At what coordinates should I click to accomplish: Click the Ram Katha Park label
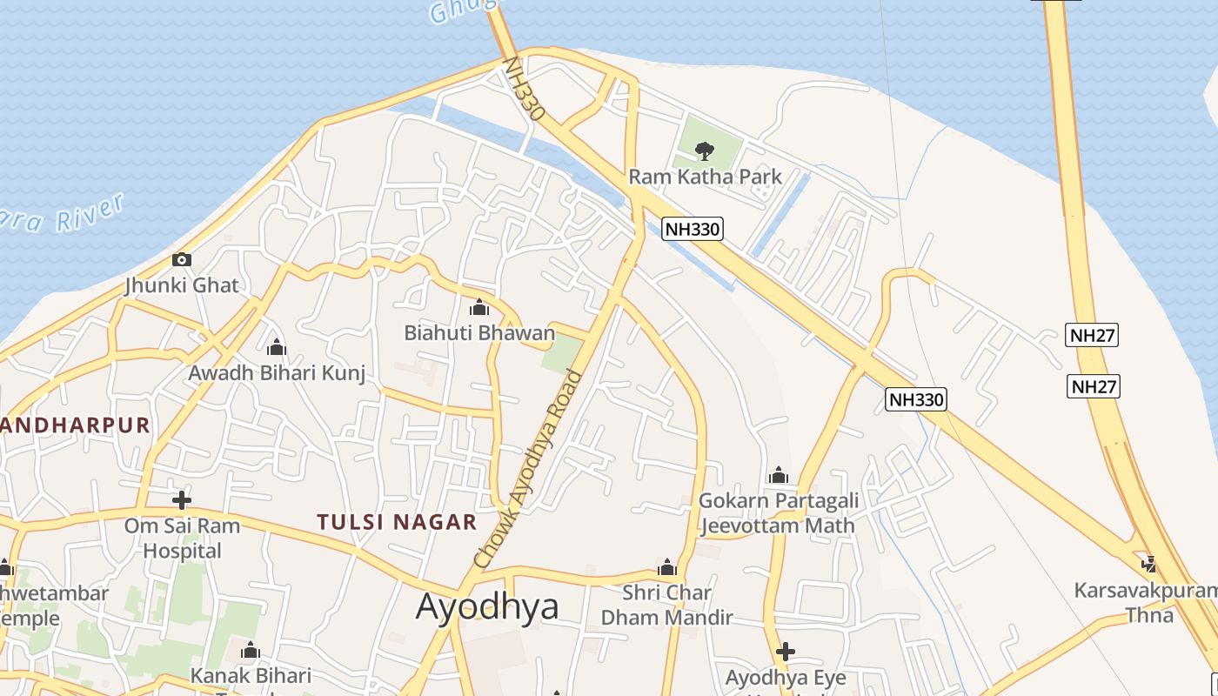705,177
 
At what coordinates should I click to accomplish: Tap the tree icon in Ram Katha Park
705,151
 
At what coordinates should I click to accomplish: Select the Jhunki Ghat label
181,285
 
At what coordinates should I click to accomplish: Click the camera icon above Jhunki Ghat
182,259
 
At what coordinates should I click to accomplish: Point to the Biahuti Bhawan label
479,332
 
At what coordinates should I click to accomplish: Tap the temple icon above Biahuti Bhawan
479,307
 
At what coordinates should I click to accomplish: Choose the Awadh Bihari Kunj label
277,373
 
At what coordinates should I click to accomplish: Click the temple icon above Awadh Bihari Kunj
277,348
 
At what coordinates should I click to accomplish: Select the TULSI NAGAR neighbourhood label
397,522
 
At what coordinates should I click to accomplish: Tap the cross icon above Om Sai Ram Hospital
182,500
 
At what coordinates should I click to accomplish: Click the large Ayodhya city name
487,606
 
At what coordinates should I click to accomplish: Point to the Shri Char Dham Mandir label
667,605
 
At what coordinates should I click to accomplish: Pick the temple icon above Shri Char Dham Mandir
667,568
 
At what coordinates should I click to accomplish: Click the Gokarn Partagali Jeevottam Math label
779,512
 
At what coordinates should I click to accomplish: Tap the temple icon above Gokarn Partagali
779,475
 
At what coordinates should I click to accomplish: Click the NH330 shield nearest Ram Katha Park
693,229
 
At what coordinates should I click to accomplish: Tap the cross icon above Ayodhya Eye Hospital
786,652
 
